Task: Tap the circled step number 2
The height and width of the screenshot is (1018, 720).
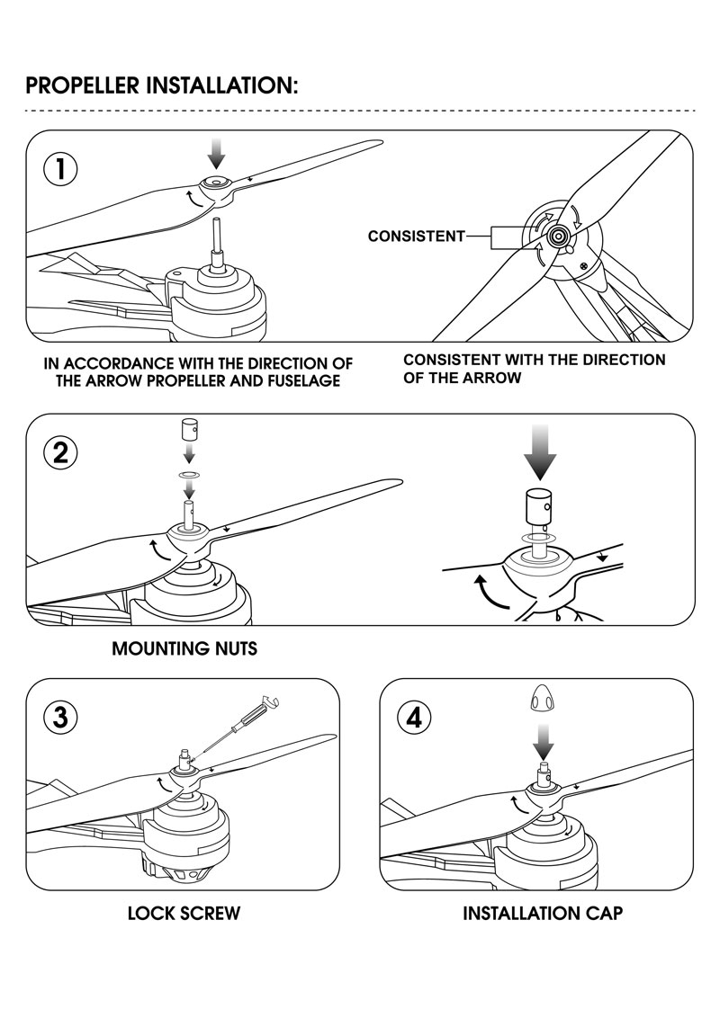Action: pyautogui.click(x=60, y=452)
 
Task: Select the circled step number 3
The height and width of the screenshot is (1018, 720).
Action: pyautogui.click(x=60, y=718)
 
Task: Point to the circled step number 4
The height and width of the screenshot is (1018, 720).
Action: pyautogui.click(x=414, y=718)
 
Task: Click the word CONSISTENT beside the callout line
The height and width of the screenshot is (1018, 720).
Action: pyautogui.click(x=416, y=237)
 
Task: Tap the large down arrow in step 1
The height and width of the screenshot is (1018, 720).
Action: pyautogui.click(x=216, y=154)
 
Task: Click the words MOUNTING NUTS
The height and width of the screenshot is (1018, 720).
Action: pyautogui.click(x=184, y=648)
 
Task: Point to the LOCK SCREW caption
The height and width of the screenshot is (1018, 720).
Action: pyautogui.click(x=184, y=914)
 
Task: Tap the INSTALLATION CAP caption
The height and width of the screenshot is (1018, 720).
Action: pyautogui.click(x=543, y=914)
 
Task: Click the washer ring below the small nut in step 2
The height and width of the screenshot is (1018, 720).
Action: pyautogui.click(x=188, y=470)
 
